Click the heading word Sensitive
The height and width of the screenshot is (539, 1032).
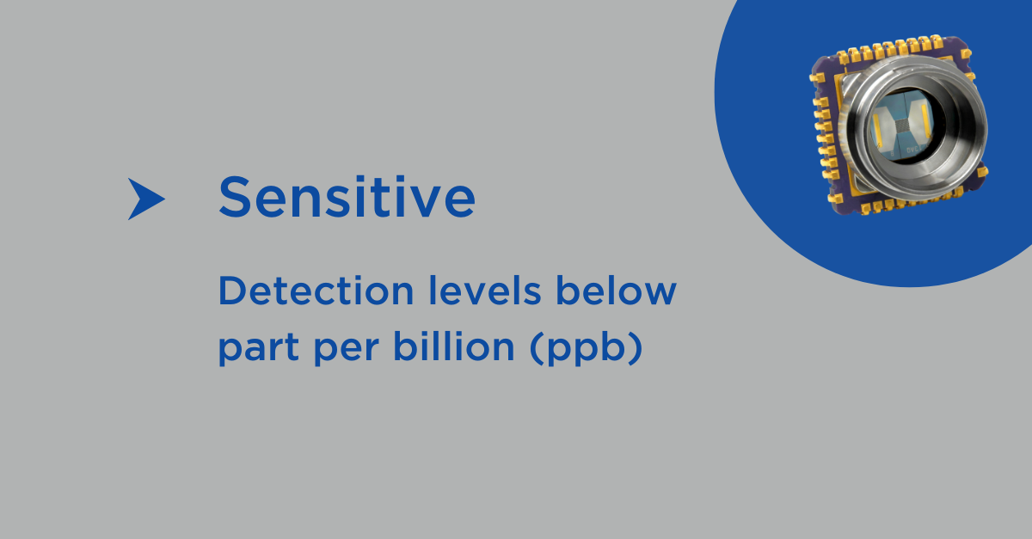pos(347,197)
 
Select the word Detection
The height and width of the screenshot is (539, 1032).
pos(316,291)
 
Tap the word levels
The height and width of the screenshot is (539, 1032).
pos(485,291)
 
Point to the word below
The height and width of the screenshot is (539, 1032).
pos(617,291)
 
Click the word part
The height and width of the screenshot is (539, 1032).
pos(259,349)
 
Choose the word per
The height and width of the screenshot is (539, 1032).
pos(347,351)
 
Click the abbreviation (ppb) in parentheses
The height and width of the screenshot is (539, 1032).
pos(586,348)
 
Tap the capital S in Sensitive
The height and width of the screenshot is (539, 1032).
pos(234,197)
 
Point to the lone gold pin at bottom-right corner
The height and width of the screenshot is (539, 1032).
pos(982,173)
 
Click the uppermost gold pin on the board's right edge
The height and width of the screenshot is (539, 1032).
pos(966,54)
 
